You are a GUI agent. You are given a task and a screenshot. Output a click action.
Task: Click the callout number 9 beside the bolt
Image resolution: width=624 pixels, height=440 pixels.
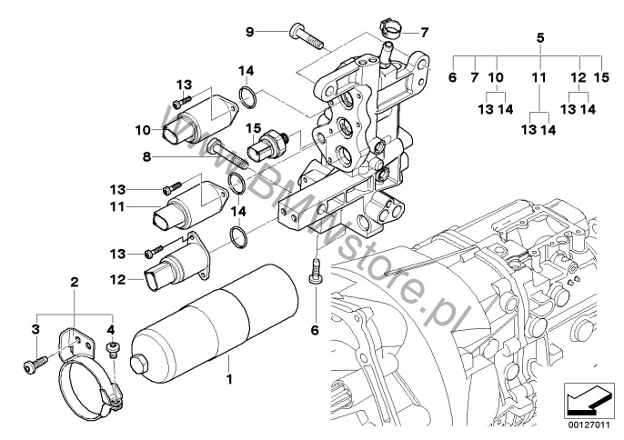(249, 32)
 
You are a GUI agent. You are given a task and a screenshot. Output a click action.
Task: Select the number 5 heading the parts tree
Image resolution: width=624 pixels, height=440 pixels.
(540, 38)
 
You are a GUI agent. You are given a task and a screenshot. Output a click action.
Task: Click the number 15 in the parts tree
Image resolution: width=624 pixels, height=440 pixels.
(602, 77)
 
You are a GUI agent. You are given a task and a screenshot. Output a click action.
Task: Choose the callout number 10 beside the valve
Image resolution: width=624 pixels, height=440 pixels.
(144, 130)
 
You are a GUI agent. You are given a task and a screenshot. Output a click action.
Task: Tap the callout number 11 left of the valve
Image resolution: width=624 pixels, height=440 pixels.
(118, 207)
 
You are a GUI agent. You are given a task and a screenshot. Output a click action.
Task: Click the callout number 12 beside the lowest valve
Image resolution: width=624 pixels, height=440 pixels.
(118, 280)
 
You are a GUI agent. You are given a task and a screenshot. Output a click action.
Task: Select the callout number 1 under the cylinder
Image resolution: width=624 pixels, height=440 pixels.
(229, 379)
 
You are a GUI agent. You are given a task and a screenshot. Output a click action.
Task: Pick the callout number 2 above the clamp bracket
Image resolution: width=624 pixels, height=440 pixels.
(74, 283)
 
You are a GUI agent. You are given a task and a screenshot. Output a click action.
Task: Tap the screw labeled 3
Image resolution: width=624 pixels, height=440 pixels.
(35, 365)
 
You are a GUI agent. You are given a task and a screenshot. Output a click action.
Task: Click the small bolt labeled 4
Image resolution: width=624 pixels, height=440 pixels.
(113, 349)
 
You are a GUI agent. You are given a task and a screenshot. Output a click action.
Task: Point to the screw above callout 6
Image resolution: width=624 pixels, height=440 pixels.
(316, 271)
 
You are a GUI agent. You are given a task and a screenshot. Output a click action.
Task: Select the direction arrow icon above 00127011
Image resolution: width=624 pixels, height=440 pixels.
(588, 401)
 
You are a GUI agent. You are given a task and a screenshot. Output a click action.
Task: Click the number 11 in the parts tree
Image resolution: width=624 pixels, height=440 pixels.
(539, 77)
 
